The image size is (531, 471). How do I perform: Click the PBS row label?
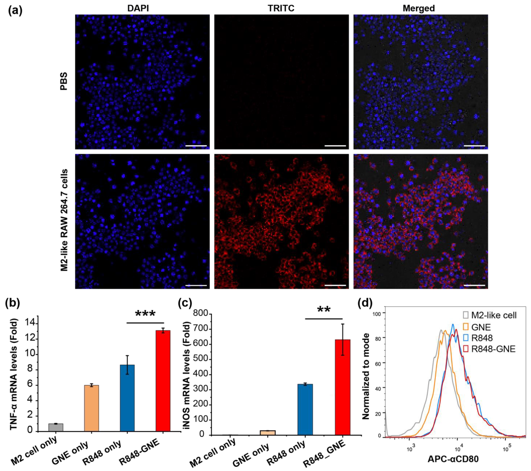(x=64, y=81)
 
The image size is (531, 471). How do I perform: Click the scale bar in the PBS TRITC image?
(x=335, y=146)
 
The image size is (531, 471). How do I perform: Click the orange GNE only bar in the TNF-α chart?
(x=91, y=408)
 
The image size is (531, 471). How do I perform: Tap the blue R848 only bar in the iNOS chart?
(x=305, y=409)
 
